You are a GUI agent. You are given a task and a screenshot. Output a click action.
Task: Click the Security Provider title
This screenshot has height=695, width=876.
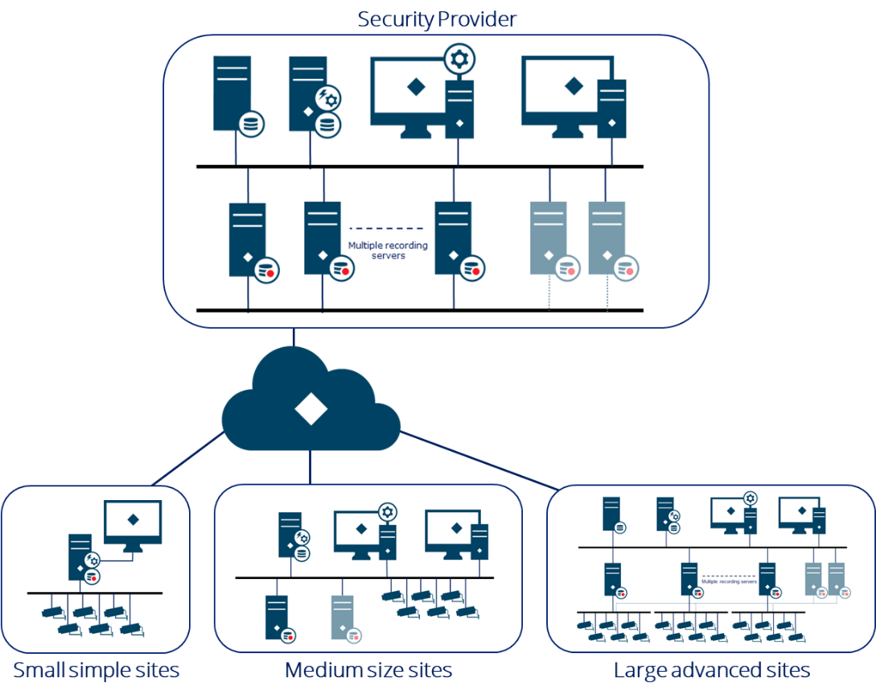click(x=437, y=18)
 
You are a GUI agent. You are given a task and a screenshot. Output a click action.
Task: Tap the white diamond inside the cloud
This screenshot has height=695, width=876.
click(x=311, y=410)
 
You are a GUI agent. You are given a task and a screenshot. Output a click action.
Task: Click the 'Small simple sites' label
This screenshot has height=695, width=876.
click(x=96, y=670)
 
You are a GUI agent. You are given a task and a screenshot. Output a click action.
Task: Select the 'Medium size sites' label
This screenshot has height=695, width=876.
click(x=368, y=670)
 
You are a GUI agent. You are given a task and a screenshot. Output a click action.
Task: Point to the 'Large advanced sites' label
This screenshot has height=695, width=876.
click(x=711, y=670)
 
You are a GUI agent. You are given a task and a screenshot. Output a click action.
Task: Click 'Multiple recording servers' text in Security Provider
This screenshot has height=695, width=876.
click(x=388, y=250)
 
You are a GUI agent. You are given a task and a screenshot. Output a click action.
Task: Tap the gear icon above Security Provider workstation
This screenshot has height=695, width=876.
click(x=461, y=59)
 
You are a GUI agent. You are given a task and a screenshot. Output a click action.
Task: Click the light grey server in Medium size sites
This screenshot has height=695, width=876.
click(x=342, y=617)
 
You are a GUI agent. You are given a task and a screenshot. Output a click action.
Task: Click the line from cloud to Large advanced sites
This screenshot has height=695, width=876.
click(x=483, y=461)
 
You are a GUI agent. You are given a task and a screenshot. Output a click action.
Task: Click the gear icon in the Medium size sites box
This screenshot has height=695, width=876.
click(x=388, y=512)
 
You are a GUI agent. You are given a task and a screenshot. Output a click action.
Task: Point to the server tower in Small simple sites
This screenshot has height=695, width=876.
click(x=79, y=555)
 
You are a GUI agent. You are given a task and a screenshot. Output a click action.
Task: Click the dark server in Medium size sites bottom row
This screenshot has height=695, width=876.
click(x=276, y=617)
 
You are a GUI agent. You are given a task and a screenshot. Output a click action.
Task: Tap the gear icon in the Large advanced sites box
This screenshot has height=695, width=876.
click(x=751, y=499)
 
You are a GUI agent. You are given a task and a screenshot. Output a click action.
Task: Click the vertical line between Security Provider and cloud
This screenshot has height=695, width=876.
click(x=294, y=338)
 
